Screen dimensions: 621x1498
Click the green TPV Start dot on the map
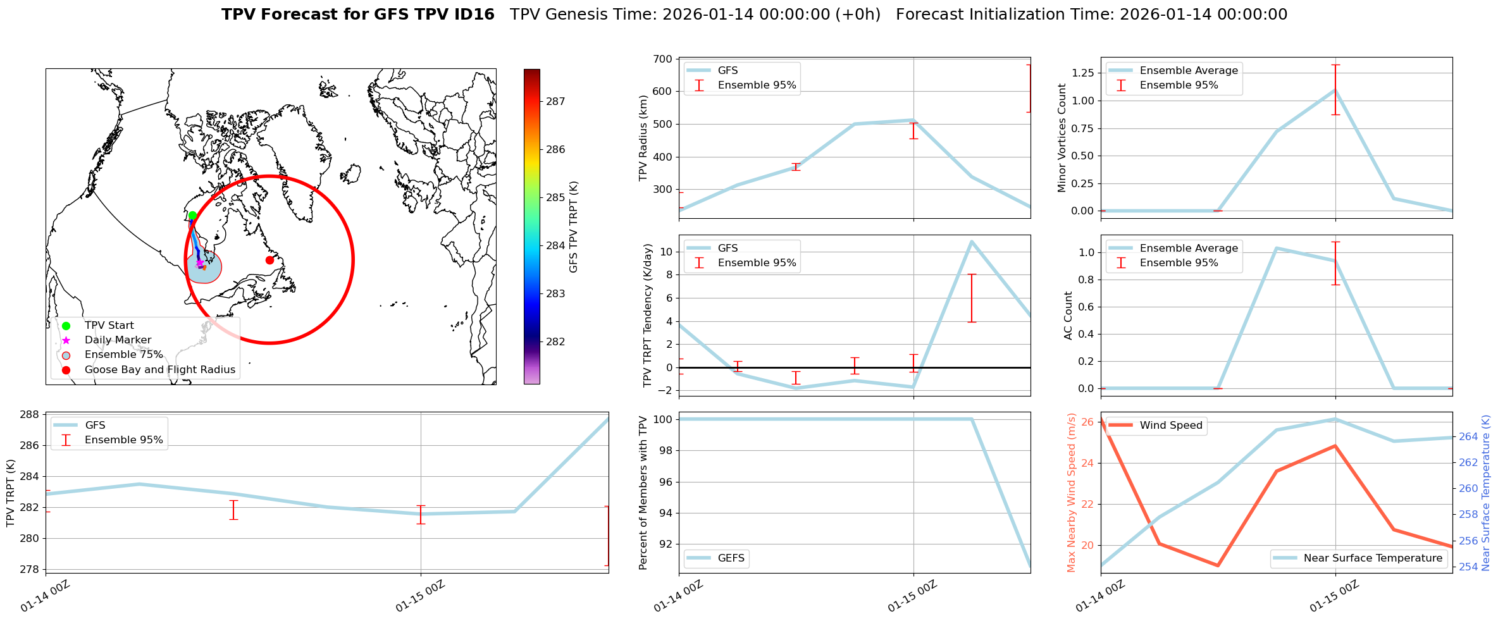[x=192, y=216]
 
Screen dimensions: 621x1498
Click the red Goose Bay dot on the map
[x=269, y=260]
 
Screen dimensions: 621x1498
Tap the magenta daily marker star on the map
[x=199, y=262]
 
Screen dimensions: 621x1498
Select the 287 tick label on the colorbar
[x=555, y=101]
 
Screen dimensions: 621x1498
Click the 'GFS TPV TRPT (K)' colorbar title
[x=573, y=227]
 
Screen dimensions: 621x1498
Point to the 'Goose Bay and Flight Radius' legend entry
[x=159, y=369]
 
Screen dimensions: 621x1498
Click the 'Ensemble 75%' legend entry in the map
[x=123, y=354]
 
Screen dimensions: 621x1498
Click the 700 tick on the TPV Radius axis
[x=662, y=59]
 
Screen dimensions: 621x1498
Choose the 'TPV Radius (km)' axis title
[x=643, y=138]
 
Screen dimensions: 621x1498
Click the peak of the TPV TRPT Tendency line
[x=972, y=241]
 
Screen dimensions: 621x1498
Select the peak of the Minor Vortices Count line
[x=1335, y=90]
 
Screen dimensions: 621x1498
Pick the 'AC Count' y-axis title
[x=1068, y=315]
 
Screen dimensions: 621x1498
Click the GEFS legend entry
[x=731, y=558]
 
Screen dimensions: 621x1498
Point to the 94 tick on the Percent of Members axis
[x=664, y=513]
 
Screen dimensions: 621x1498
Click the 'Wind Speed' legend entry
[x=1170, y=425]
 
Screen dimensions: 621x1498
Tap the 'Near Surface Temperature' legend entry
[x=1373, y=558]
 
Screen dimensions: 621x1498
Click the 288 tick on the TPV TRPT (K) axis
[x=31, y=415]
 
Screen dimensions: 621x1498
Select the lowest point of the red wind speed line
[x=1218, y=565]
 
